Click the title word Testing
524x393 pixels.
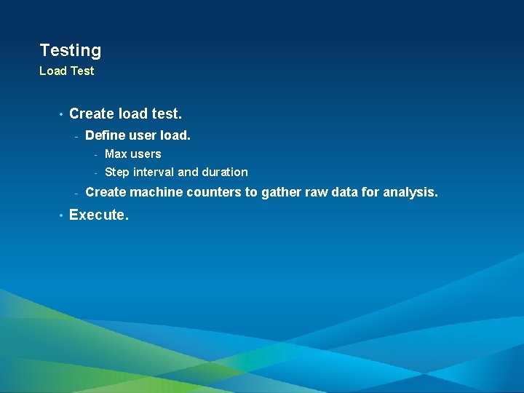point(71,51)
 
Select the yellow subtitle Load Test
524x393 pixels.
point(66,71)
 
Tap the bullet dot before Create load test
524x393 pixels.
point(61,114)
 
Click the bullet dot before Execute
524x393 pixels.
point(61,215)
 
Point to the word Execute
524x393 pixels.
point(98,215)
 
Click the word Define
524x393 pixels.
point(104,135)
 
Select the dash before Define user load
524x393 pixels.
point(76,136)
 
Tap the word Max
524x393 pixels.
point(116,154)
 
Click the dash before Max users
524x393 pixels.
point(95,154)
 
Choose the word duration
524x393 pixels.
point(225,172)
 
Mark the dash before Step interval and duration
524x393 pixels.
point(95,173)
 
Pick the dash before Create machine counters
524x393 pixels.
point(76,194)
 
